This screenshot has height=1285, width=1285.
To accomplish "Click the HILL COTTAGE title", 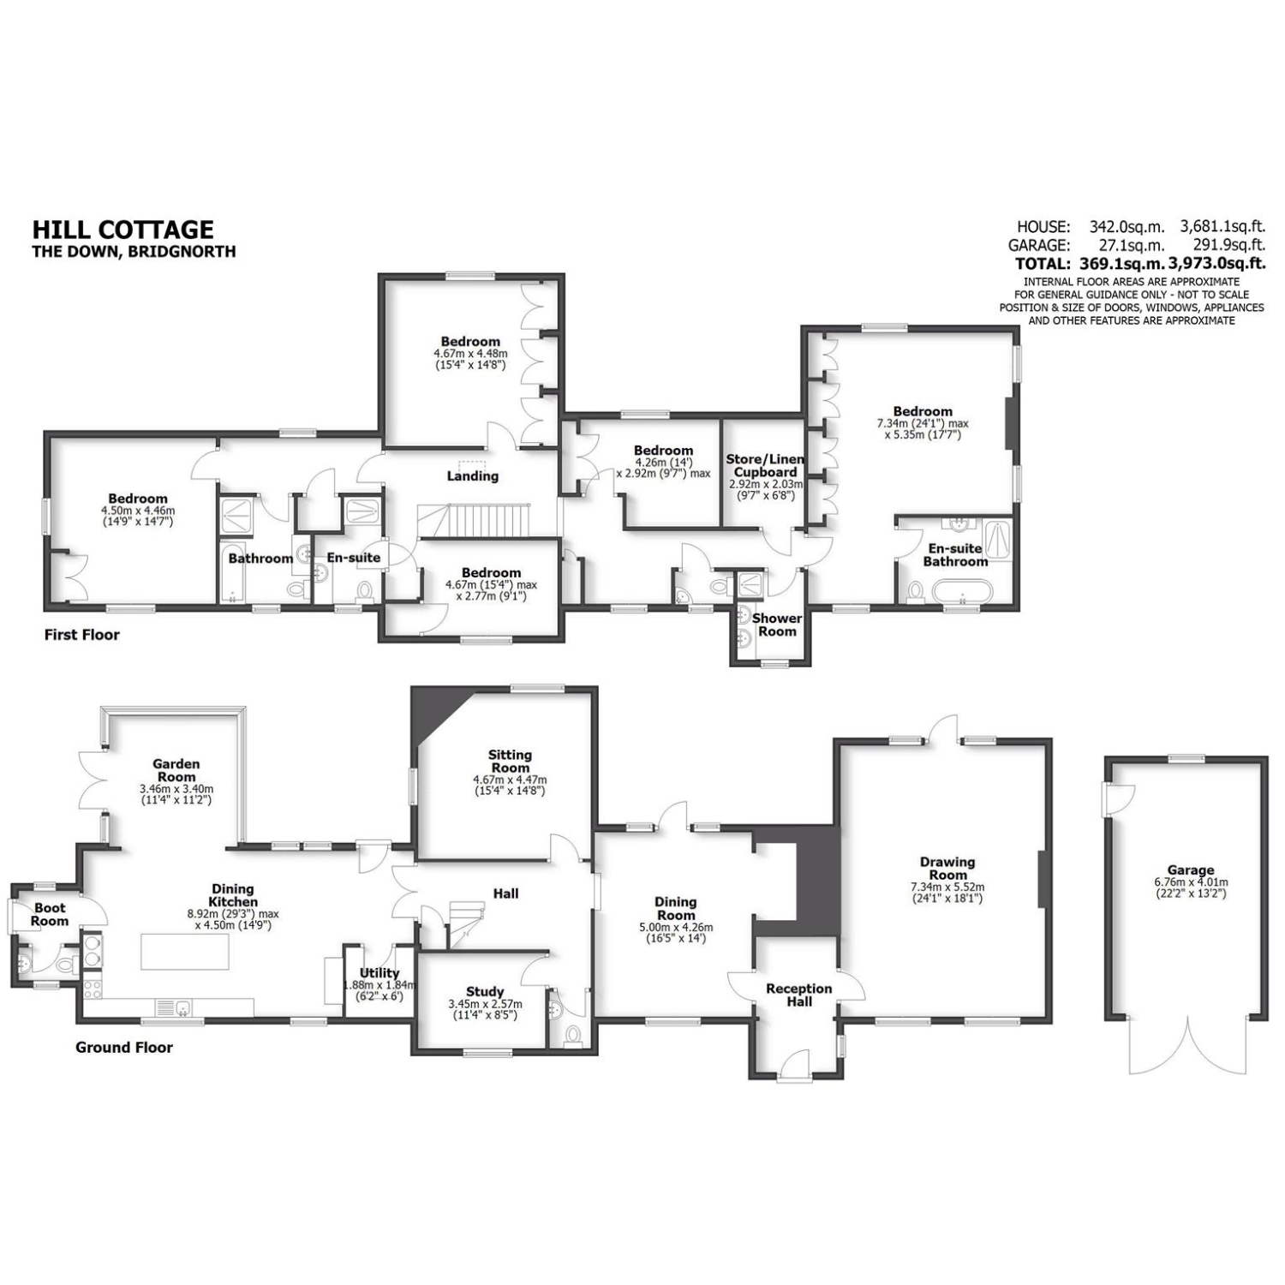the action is pyautogui.click(x=123, y=230).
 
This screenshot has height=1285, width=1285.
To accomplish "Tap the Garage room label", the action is pyautogui.click(x=1190, y=870).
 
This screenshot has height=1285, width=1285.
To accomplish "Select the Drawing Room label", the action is pyautogui.click(x=947, y=869).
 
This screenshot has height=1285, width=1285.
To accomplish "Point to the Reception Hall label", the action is pyautogui.click(x=798, y=995).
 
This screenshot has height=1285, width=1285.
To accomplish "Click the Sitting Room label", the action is pyautogui.click(x=510, y=762).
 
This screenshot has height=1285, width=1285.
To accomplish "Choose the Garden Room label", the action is pyautogui.click(x=176, y=770).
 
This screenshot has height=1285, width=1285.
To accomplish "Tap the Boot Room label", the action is pyautogui.click(x=50, y=914).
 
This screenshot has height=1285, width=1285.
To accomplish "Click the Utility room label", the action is pyautogui.click(x=380, y=973).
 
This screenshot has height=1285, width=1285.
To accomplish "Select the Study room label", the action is pyautogui.click(x=485, y=992).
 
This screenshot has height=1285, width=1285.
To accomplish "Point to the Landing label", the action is pyautogui.click(x=473, y=476).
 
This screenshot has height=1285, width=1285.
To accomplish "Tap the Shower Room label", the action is pyautogui.click(x=777, y=625).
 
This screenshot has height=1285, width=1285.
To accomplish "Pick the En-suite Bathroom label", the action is pyautogui.click(x=955, y=555).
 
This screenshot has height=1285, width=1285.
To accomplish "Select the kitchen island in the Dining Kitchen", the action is pyautogui.click(x=185, y=953).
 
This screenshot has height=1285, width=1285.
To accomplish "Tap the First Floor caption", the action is pyautogui.click(x=82, y=635).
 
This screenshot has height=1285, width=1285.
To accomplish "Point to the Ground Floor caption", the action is pyautogui.click(x=124, y=1048).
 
